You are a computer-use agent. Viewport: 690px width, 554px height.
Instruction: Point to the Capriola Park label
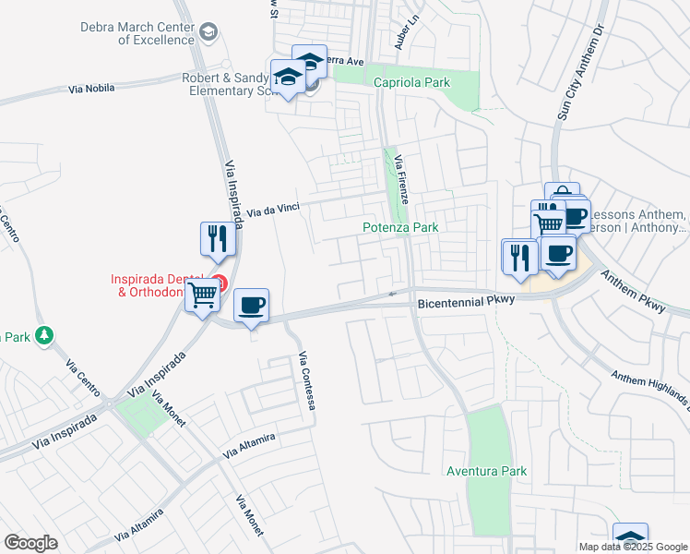click(x=411, y=82)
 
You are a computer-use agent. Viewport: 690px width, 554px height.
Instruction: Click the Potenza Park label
click(x=399, y=226)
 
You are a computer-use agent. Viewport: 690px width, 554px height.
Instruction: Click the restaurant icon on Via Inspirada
click(x=217, y=239)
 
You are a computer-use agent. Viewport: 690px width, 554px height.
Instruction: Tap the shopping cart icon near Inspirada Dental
click(x=202, y=296)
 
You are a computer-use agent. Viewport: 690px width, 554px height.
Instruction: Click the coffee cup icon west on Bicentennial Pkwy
click(x=250, y=306)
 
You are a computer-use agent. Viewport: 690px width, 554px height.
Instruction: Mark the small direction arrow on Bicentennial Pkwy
click(x=393, y=295)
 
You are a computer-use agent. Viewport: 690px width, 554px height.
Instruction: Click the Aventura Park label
click(x=486, y=471)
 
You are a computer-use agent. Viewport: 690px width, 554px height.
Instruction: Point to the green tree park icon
click(x=43, y=334)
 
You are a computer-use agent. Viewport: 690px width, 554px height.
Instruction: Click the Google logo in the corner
click(x=31, y=542)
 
